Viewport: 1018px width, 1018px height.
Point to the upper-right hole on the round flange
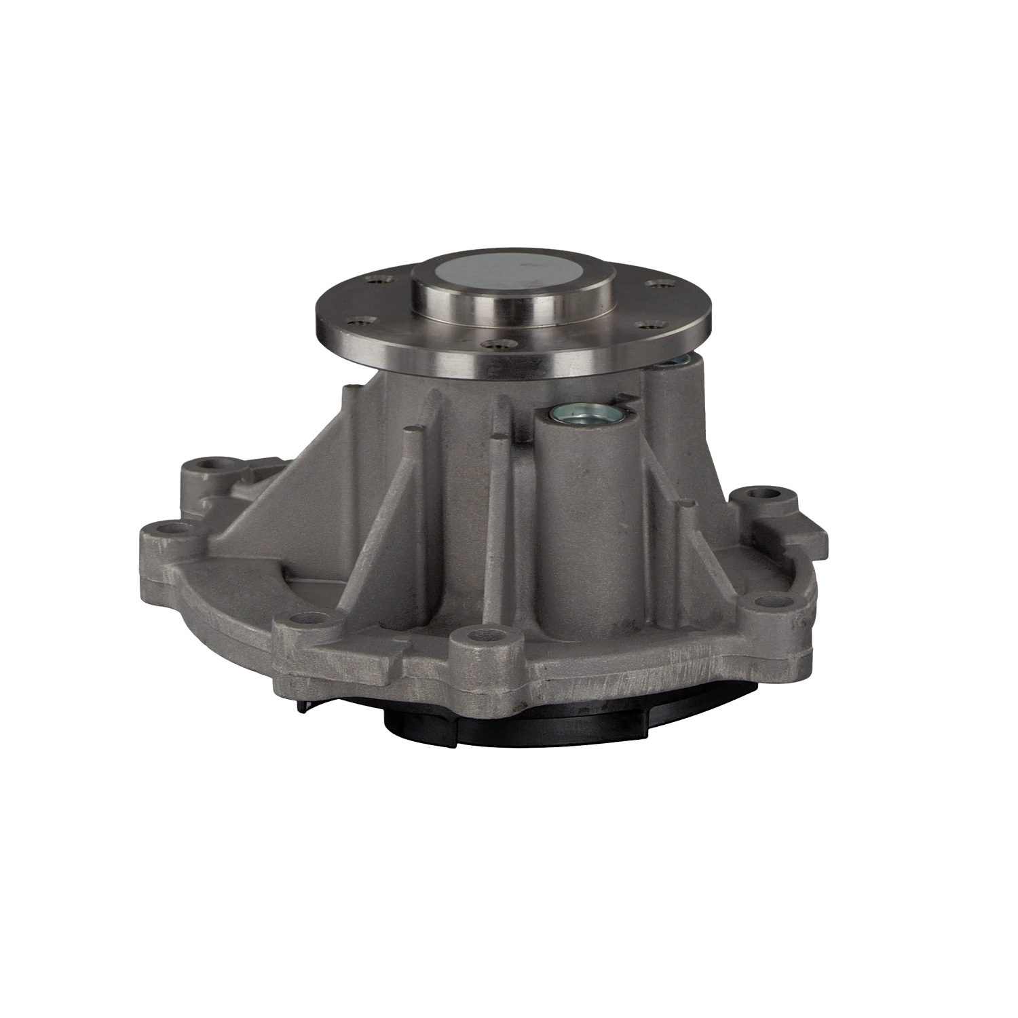[655, 284]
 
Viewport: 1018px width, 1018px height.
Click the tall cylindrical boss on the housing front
[587, 516]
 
